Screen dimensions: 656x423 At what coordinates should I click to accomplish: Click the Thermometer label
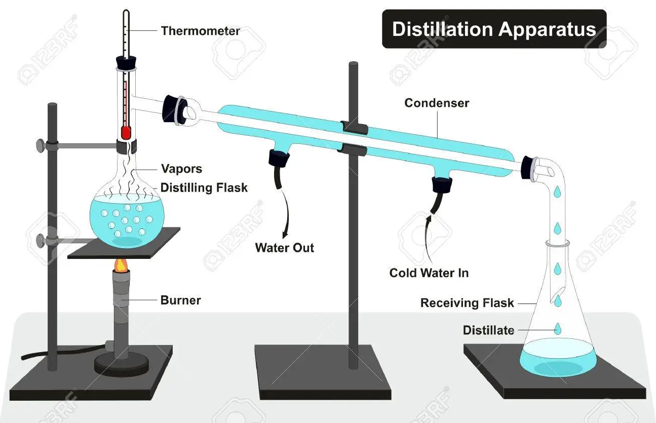click(x=200, y=31)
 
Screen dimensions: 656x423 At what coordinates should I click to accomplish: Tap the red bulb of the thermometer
click(x=126, y=133)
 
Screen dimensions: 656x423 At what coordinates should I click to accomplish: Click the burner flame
click(x=121, y=265)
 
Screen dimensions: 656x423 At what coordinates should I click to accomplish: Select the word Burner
click(x=181, y=300)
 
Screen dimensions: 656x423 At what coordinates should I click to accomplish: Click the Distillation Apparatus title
click(x=494, y=29)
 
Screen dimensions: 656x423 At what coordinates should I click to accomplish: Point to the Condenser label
click(x=437, y=103)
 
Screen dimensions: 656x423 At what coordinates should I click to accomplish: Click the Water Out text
click(x=284, y=248)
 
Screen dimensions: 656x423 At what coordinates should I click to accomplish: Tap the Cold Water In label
click(x=429, y=273)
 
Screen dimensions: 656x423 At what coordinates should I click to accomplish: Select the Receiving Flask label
click(x=467, y=303)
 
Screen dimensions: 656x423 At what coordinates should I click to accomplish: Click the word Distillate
click(x=488, y=330)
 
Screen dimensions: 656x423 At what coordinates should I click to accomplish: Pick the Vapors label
click(x=181, y=169)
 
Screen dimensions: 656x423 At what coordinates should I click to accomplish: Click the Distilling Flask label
click(x=204, y=188)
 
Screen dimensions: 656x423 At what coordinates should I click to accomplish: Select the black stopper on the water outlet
click(x=279, y=159)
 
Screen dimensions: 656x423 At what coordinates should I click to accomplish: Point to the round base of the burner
click(x=121, y=365)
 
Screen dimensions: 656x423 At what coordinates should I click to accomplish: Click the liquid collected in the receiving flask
click(x=558, y=358)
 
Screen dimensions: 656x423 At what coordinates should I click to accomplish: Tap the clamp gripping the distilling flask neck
click(x=127, y=146)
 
